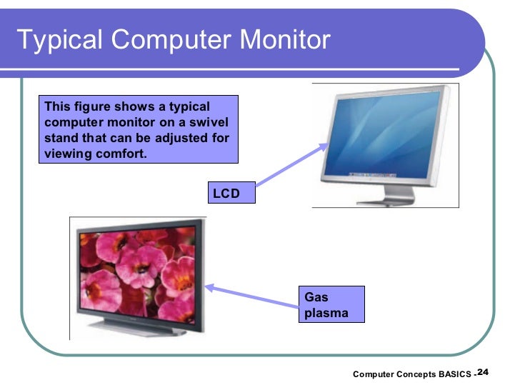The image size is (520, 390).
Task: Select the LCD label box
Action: click(231, 193)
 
